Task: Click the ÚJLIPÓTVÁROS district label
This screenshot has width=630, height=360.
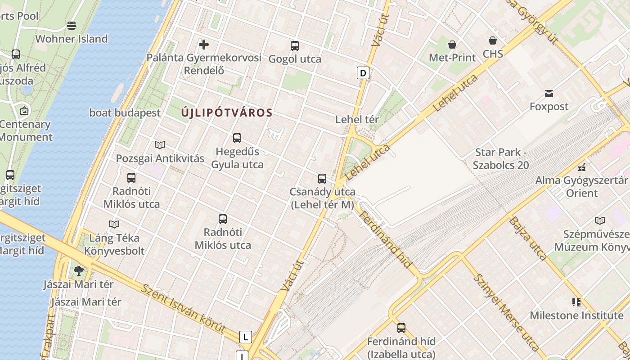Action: pos(227,112)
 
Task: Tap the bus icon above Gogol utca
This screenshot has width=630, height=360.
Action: pos(295,45)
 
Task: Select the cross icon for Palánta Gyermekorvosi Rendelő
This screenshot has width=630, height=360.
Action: pos(204,44)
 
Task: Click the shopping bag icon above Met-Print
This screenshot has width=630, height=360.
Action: pos(452,44)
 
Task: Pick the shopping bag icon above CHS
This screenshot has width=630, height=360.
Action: pos(493,40)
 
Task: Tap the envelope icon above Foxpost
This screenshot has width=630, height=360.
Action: pos(549,94)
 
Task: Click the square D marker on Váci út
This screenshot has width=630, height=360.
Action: pos(363,72)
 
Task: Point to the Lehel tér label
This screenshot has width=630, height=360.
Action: pos(357,120)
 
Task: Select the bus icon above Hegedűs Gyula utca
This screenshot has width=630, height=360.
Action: pos(237,138)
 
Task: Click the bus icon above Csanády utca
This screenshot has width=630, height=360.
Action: pos(322,178)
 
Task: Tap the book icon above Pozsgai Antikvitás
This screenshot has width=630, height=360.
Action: pos(160,145)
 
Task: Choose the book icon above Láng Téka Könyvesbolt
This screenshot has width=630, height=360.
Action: pos(114,224)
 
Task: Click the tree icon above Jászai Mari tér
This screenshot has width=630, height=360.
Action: pos(79,270)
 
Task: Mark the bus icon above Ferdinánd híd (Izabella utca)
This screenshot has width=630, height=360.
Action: pos(401,328)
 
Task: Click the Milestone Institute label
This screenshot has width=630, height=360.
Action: pos(576,315)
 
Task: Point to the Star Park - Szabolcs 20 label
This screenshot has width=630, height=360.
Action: pos(501,159)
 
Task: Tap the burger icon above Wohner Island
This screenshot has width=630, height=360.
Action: pos(72,25)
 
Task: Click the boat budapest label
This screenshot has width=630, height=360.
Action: pos(125,112)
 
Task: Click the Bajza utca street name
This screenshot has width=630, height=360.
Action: pos(528,238)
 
